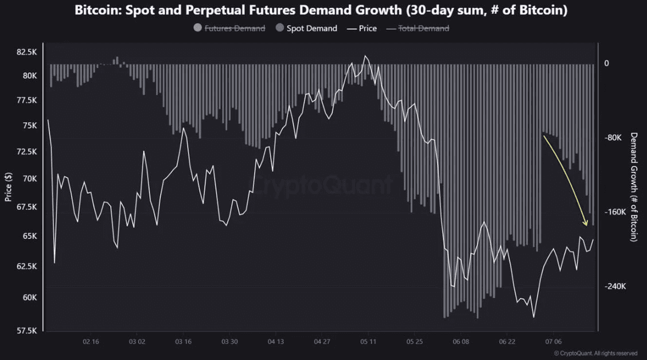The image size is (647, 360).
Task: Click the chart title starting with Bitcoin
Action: click(321, 10)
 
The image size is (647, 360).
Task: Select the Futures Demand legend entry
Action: click(229, 28)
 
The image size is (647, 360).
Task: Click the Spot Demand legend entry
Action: click(307, 28)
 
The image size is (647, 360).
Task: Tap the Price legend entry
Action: click(362, 28)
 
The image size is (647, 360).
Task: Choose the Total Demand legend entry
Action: click(418, 28)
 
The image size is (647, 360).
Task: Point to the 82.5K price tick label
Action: click(27, 52)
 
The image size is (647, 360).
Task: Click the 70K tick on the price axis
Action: click(30, 178)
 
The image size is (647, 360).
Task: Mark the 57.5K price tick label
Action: click(27, 331)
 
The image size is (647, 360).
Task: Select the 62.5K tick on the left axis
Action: click(27, 267)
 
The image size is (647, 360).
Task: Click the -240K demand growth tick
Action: click(615, 286)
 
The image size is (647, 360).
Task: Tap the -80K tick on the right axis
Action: click(613, 138)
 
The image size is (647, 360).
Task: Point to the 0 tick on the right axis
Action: click(607, 63)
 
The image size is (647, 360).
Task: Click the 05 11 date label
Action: click(368, 342)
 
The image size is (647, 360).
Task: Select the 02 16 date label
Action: click(91, 342)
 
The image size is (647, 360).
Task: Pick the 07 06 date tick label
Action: click(554, 342)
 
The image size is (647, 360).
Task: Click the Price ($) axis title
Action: click(8, 187)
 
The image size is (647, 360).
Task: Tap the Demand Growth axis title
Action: click(634, 187)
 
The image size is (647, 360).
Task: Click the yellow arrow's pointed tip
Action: click(587, 225)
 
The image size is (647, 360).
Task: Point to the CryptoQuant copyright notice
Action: click(595, 353)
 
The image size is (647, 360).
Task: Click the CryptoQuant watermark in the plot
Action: click(323, 185)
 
